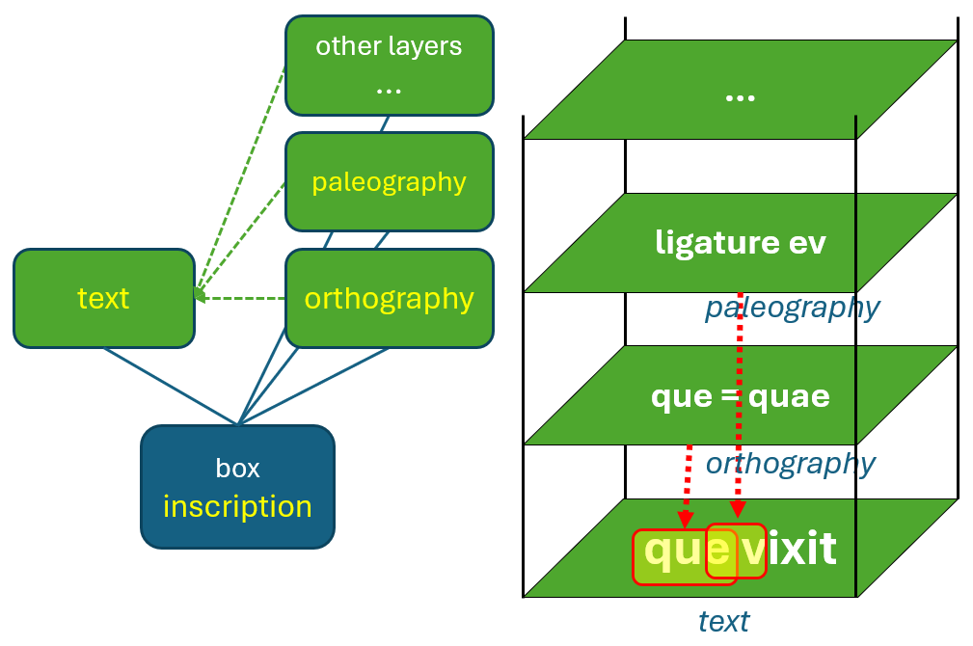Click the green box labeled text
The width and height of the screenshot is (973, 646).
[x=103, y=298]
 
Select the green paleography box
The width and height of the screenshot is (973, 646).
[x=389, y=181]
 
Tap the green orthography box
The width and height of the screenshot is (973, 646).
[x=389, y=298]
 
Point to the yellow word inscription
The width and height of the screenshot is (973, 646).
[x=237, y=506]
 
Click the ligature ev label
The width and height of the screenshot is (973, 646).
[x=740, y=241]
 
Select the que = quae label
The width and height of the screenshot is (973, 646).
[x=740, y=395]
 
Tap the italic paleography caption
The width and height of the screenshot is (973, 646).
[x=792, y=308]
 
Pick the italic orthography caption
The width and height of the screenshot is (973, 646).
[x=790, y=464]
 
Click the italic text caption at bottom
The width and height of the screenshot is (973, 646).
[x=723, y=621]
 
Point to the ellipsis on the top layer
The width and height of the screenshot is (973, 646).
[x=740, y=96]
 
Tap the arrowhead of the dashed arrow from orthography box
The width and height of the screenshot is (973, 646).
[x=200, y=298]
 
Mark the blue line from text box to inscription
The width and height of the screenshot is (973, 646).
[x=169, y=386]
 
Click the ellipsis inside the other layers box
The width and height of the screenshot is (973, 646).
[x=389, y=88]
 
